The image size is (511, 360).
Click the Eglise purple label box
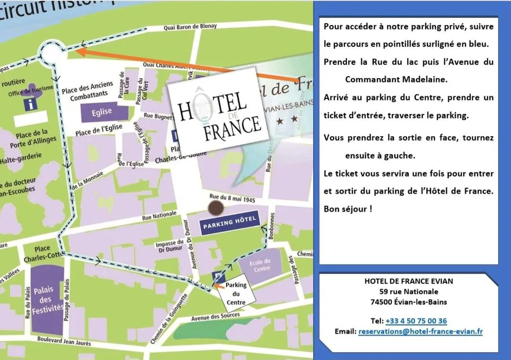coord(102,112)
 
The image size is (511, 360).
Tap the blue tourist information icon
coord(31,105)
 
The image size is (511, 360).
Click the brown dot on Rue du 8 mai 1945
coord(216,207)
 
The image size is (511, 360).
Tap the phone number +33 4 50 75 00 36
coord(416,321)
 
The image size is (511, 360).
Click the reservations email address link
coord(420,331)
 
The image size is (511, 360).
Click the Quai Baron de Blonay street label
coord(190,27)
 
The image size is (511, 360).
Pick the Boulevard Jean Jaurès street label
coord(64,341)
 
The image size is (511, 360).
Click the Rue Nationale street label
coord(159,216)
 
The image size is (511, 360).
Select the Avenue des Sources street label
coord(215,316)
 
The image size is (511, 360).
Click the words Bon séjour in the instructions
coord(347,209)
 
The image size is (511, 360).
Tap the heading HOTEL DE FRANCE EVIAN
coord(408,281)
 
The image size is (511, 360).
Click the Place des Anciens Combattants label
coord(88,91)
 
